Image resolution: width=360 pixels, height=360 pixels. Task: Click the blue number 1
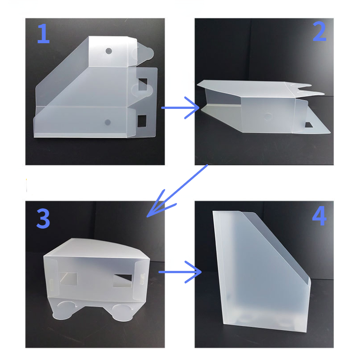point(44,33)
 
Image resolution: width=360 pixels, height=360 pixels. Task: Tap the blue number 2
point(319,31)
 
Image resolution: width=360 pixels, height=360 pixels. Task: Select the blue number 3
point(43,218)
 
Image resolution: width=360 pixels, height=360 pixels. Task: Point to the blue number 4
point(319,216)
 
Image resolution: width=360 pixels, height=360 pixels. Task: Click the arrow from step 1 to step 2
point(180,108)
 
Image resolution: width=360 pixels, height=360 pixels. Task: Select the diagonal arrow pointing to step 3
point(177,191)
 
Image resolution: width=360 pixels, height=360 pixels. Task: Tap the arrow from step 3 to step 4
point(180,272)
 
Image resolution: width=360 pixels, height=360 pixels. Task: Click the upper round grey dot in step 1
point(109,51)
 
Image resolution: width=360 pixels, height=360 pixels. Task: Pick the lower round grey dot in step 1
point(108,122)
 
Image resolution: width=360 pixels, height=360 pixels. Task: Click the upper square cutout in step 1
point(143,84)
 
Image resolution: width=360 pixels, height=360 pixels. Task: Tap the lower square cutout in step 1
point(142,121)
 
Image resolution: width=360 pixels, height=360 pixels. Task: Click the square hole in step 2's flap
point(309,125)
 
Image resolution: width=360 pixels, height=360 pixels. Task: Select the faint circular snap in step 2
point(268,117)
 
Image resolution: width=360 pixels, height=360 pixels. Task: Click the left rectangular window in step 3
point(69,279)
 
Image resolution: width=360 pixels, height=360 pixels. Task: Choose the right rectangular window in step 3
point(122,280)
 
